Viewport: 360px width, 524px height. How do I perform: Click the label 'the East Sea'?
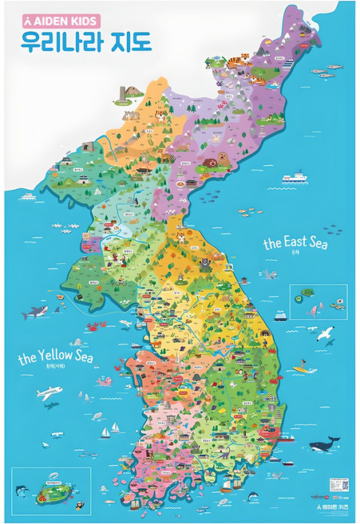point(295,242)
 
